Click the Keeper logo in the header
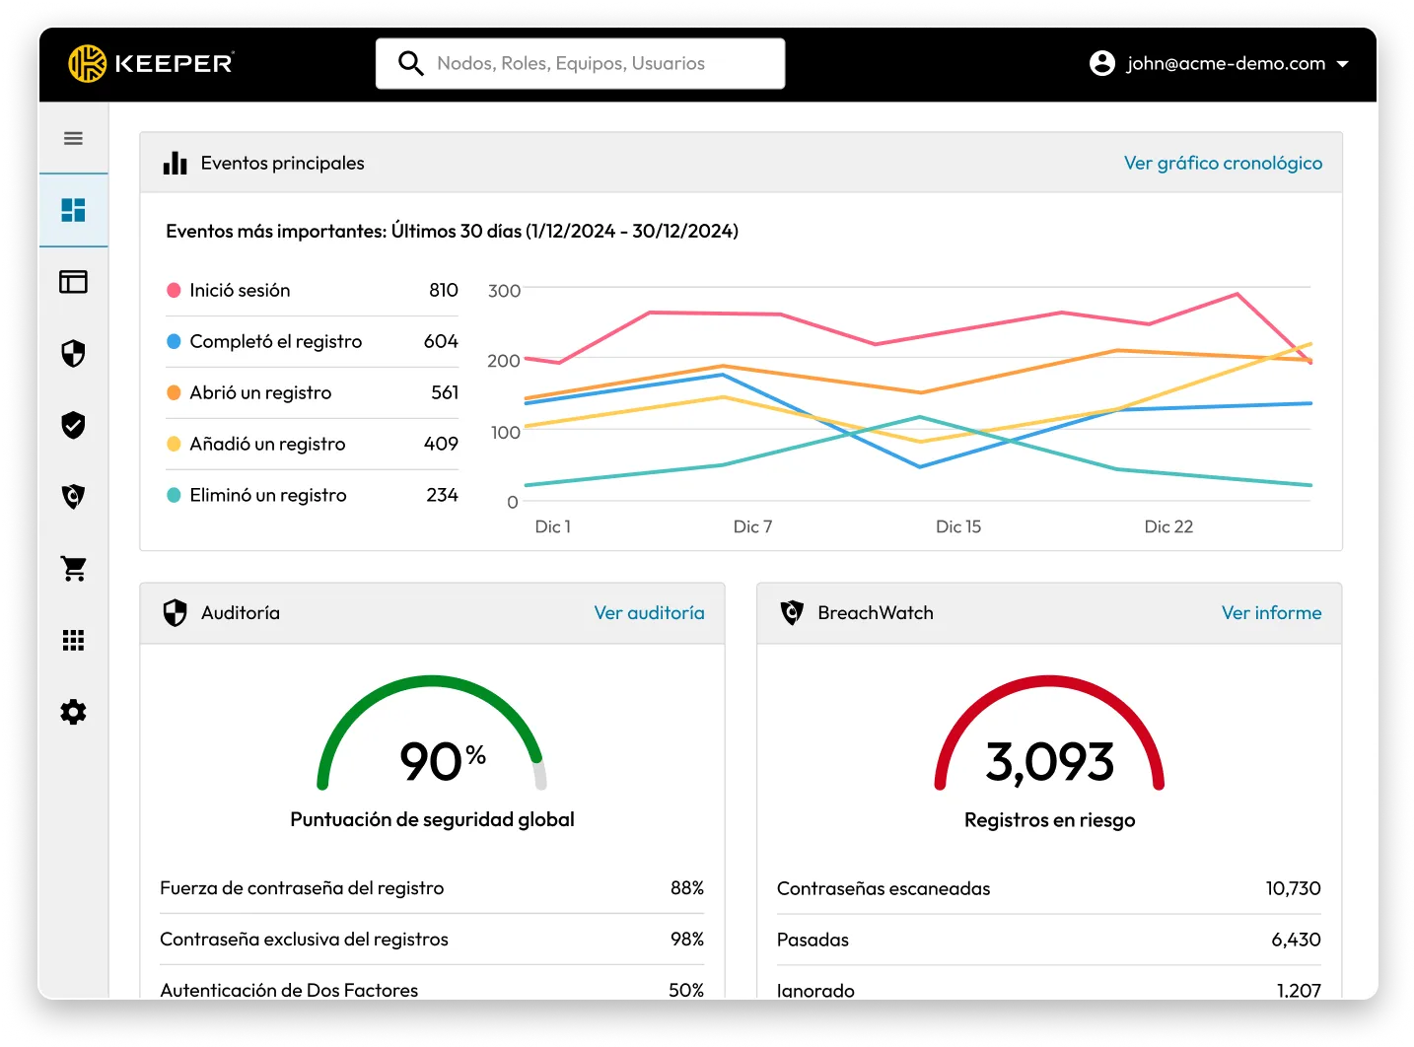[x=150, y=63]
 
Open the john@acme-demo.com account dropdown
[x=1219, y=63]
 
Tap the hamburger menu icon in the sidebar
[x=73, y=138]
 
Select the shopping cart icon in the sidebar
[x=73, y=568]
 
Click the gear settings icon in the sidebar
[x=73, y=712]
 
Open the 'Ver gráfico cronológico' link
[x=1223, y=163]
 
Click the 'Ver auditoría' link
[x=649, y=612]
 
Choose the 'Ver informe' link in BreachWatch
[x=1271, y=612]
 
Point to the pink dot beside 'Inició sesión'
[x=174, y=290]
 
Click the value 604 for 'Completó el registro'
[x=441, y=341]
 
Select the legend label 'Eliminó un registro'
[x=268, y=495]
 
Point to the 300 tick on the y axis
[x=504, y=291]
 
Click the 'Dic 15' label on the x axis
[x=957, y=526]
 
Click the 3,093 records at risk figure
[x=1049, y=761]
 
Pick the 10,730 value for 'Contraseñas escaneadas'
[x=1293, y=888]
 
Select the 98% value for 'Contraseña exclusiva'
[x=686, y=939]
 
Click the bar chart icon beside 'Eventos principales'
[x=176, y=163]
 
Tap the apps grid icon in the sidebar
[x=73, y=640]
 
